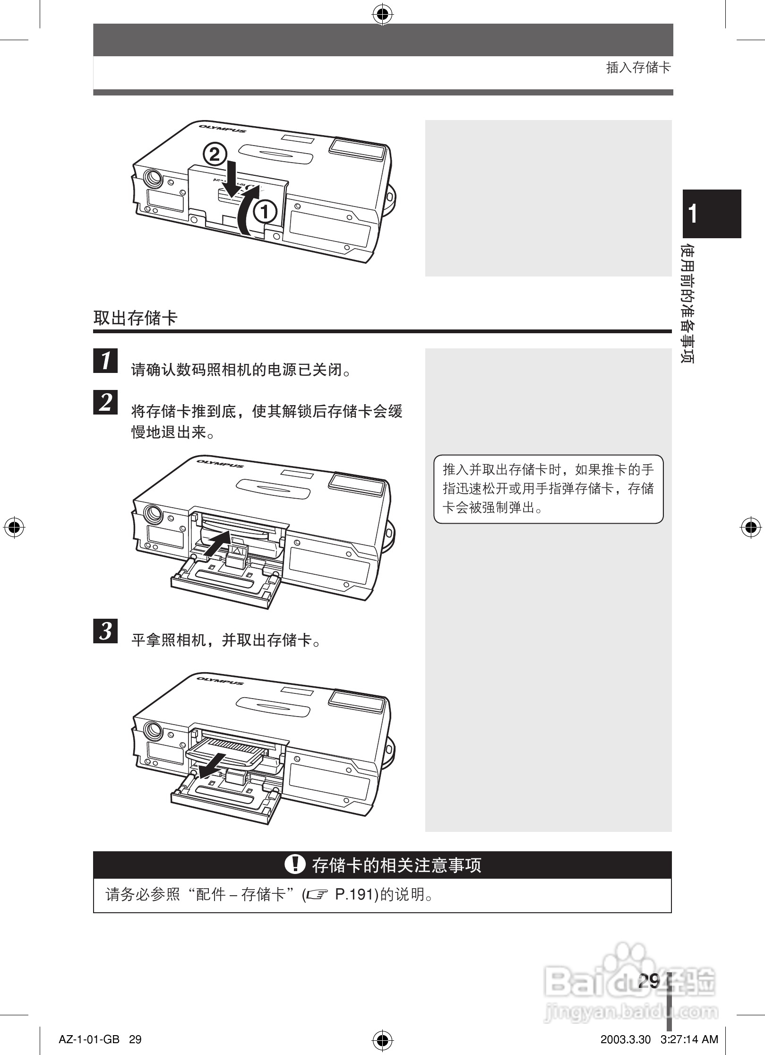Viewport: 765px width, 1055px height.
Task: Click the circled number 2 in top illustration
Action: tap(215, 155)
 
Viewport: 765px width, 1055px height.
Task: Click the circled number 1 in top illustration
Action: tap(265, 212)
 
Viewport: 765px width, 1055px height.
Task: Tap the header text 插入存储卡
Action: tap(638, 68)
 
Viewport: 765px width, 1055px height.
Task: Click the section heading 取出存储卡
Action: tap(135, 318)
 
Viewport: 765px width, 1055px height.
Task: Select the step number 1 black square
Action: tap(106, 361)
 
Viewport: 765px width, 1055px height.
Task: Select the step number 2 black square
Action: tap(106, 402)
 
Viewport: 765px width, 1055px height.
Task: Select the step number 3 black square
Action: tap(106, 631)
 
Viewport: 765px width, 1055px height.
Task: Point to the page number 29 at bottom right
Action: tap(648, 981)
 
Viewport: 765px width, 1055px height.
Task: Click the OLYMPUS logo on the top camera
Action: tap(222, 128)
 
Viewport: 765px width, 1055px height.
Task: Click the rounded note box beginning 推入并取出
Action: tap(548, 489)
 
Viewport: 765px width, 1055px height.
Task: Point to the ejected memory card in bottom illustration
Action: tap(227, 752)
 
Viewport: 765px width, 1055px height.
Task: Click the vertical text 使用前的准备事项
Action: tap(688, 303)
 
